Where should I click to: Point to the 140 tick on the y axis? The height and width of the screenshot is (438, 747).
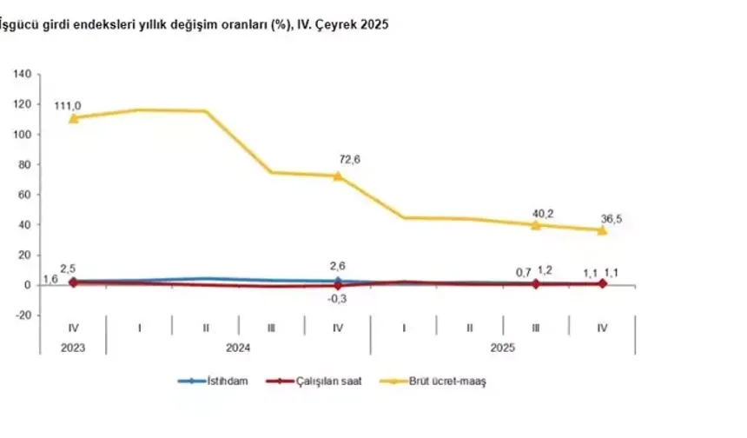click(x=23, y=75)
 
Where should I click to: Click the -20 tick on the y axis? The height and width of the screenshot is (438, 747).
click(x=23, y=315)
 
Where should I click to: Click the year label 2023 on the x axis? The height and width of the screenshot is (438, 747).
click(x=73, y=348)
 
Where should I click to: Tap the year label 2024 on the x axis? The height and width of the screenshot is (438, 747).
click(x=238, y=348)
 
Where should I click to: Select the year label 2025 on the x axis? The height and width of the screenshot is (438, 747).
click(x=503, y=348)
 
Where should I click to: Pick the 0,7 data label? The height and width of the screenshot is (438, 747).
click(x=523, y=272)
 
